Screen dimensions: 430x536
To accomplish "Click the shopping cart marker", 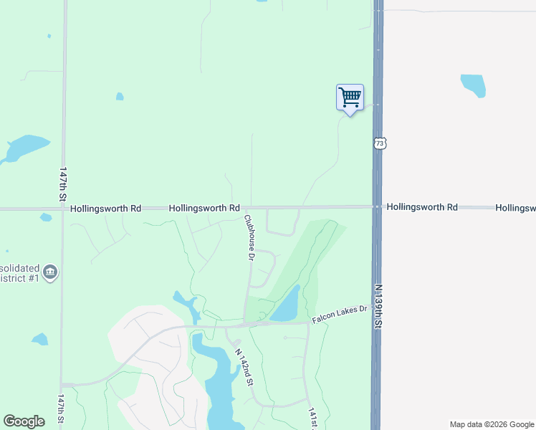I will click(x=350, y=97).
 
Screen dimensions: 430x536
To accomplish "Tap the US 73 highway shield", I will click(x=379, y=143).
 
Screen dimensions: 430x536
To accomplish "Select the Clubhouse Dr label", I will click(x=250, y=236).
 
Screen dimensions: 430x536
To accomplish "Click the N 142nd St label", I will click(x=245, y=367).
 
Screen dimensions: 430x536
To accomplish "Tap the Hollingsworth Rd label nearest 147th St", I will click(x=106, y=209).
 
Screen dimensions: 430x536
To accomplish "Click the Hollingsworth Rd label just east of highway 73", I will click(x=422, y=207).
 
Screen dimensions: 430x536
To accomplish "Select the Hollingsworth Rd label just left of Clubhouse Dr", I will click(x=204, y=208).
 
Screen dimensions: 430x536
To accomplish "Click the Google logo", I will click(x=24, y=421).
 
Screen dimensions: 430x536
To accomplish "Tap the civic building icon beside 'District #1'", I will click(x=50, y=272).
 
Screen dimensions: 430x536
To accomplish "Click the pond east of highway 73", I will click(x=473, y=85).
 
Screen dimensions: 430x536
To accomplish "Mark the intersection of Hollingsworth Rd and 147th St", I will click(x=63, y=209).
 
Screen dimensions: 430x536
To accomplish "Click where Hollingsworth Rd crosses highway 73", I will click(x=377, y=207).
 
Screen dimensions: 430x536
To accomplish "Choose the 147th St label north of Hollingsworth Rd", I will click(x=63, y=185).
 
